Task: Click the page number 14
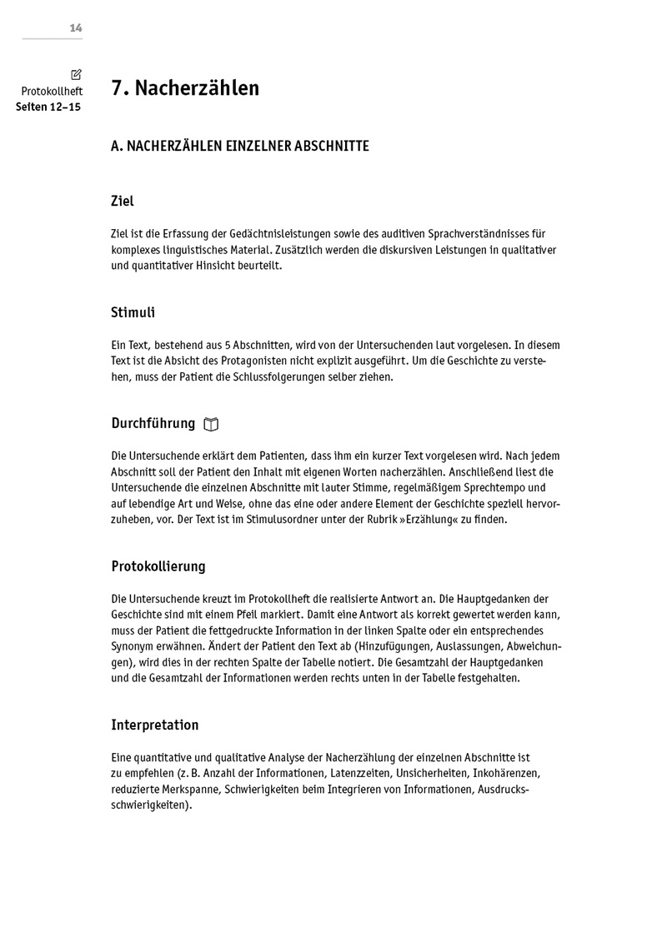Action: coord(76,28)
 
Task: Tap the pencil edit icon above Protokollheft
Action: coord(77,75)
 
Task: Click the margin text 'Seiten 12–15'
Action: coord(48,107)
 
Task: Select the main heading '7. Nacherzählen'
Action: coord(185,88)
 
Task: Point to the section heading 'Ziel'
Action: coord(123,202)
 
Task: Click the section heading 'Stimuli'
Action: coord(133,313)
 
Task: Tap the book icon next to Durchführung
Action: coord(211,425)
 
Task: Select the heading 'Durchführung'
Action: coord(153,424)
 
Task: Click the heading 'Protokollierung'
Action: coord(158,566)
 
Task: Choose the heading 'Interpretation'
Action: coord(154,725)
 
